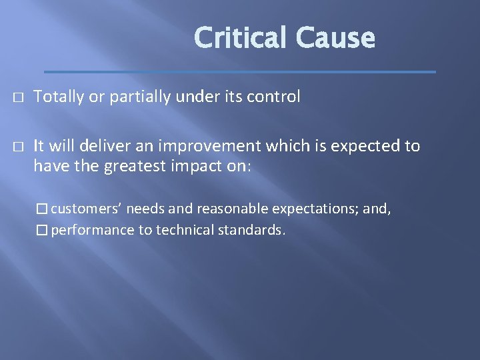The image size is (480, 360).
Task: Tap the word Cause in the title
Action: coord(336,38)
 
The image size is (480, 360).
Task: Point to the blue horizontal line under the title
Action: coord(240,71)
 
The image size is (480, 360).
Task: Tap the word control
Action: coord(274,97)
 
